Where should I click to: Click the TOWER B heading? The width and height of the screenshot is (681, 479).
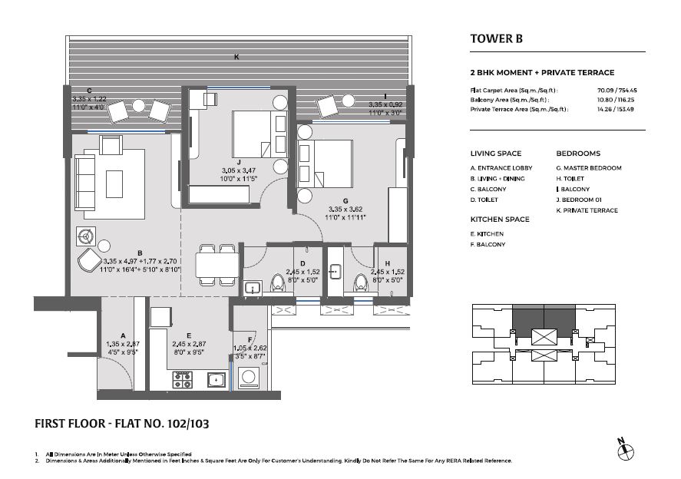[x=497, y=38]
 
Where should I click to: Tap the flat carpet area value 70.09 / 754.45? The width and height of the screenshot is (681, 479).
[x=617, y=91]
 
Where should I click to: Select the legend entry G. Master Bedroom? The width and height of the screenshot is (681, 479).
[x=589, y=168]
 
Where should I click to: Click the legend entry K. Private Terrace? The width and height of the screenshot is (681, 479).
[x=587, y=210]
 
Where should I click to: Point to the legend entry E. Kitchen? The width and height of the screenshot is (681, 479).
[x=487, y=234]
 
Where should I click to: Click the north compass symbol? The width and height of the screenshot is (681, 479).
[x=626, y=450]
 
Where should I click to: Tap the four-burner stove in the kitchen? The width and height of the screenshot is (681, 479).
[x=183, y=379]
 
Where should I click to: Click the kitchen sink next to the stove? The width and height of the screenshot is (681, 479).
[x=216, y=380]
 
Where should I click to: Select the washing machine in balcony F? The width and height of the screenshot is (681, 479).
[x=249, y=378]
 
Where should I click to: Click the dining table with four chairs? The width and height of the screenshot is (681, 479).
[x=217, y=265]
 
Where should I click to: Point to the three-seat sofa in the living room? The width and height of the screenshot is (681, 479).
[x=84, y=183]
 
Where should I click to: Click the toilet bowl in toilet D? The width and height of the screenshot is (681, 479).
[x=276, y=282]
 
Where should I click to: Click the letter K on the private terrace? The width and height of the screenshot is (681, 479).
[x=236, y=57]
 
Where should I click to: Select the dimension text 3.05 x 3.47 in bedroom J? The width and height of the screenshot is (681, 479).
[x=239, y=170]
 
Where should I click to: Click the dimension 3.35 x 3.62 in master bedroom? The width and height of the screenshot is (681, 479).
[x=345, y=210]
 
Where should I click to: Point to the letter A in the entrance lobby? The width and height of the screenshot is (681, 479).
[x=124, y=335]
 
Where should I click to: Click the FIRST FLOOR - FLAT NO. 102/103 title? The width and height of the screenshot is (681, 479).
[x=121, y=424]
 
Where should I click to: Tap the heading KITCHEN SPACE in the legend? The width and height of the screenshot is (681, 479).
[x=500, y=220]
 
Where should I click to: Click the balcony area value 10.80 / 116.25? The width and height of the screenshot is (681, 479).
[x=616, y=100]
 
